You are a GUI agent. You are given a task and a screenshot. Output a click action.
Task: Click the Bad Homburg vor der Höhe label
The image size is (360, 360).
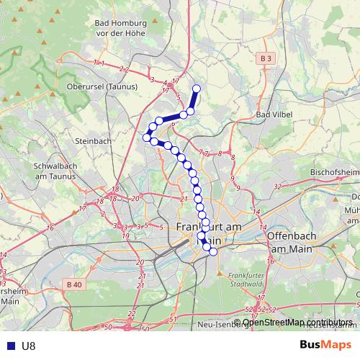120,28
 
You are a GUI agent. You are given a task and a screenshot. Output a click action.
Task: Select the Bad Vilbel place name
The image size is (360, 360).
272,114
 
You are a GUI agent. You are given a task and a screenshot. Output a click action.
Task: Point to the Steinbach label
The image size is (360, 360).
92,141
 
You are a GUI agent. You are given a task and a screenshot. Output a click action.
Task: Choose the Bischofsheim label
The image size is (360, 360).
333,174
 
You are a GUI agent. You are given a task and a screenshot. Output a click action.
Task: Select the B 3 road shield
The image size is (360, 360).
266,58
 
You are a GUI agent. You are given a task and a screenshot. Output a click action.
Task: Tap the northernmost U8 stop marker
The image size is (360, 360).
196,89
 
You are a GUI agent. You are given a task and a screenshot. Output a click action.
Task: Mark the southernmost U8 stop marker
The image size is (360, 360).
212,251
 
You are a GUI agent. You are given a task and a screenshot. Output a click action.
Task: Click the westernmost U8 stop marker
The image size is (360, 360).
147,137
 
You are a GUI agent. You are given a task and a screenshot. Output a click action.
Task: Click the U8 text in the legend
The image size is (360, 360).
29,346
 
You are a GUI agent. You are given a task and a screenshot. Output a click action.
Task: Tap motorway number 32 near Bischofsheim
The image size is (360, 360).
278,186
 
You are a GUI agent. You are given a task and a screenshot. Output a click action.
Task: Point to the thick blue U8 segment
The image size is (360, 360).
171,117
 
